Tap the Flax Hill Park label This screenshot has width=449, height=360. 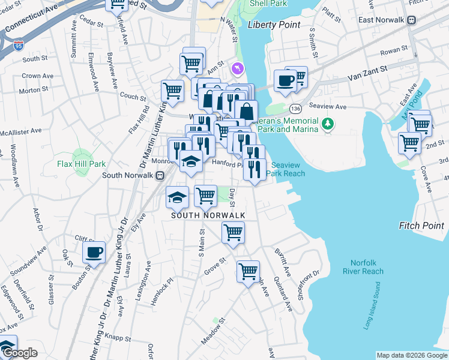pyautogui.click(x=82, y=163)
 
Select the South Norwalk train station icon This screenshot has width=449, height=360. pyautogui.click(x=160, y=175)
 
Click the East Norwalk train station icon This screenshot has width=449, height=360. pyautogui.click(x=412, y=19)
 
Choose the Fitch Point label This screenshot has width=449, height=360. pyautogui.click(x=421, y=226)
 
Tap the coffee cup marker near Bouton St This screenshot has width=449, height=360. pyautogui.click(x=94, y=253)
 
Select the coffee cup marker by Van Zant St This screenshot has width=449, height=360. pyautogui.click(x=285, y=80)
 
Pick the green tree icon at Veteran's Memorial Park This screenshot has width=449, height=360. pyautogui.click(x=327, y=124)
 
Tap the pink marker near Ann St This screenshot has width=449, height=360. pyautogui.click(x=238, y=70)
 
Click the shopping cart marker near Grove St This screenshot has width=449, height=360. pyautogui.click(x=248, y=271)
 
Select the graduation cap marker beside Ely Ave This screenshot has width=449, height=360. pyautogui.click(x=177, y=196)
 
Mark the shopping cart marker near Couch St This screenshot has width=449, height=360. pyautogui.click(x=172, y=91)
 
